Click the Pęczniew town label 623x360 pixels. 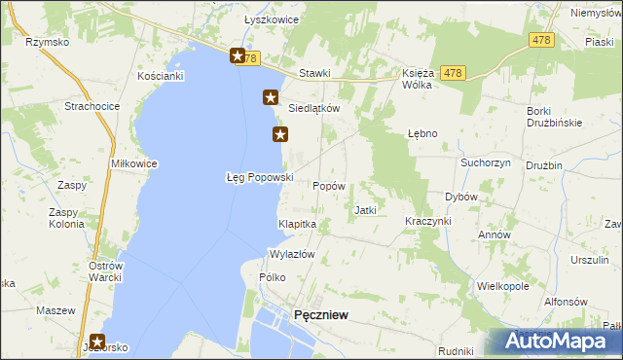point(321,314)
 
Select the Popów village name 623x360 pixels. point(327,185)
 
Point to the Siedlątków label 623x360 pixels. point(313,109)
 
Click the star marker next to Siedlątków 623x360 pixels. point(271,97)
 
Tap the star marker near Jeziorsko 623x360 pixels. point(97,342)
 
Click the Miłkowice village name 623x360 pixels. point(134,163)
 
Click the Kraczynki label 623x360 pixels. point(428,221)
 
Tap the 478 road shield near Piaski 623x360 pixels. point(542,40)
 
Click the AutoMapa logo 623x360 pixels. point(562,342)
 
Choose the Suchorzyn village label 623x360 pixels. point(486,162)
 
